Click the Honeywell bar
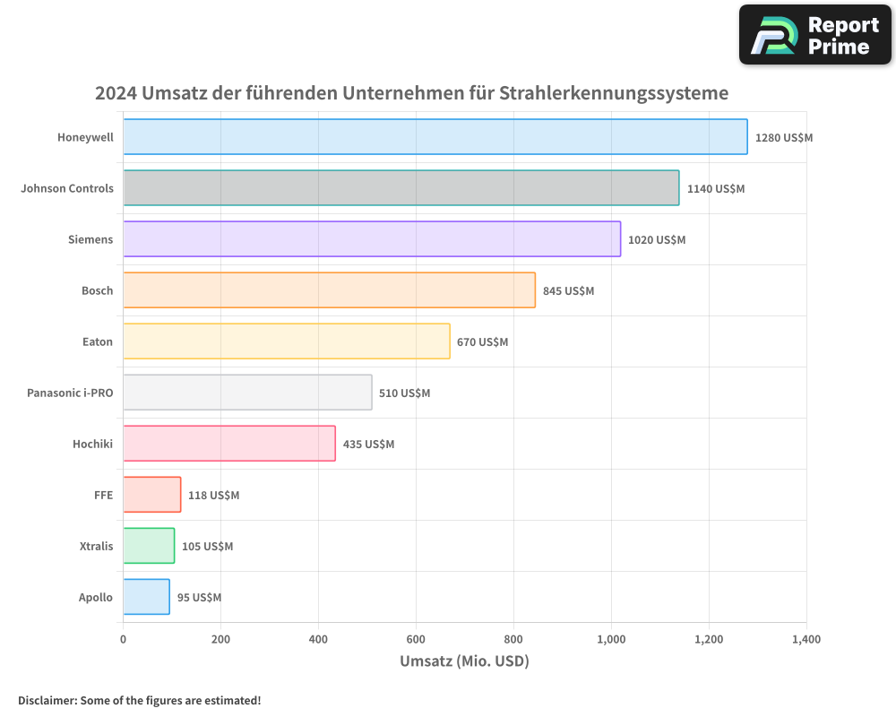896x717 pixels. (435, 137)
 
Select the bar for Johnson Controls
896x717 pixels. (401, 188)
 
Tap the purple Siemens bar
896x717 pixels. (372, 239)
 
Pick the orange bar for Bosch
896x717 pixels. (329, 290)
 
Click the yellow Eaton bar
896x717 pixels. (287, 341)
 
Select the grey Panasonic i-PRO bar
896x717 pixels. (247, 393)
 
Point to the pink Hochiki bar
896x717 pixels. (229, 444)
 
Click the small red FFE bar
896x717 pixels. (151, 495)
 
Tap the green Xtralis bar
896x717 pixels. (149, 546)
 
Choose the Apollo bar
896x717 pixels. (146, 597)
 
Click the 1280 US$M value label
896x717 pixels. (783, 138)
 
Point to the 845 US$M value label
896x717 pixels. (568, 291)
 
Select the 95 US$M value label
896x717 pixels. (199, 598)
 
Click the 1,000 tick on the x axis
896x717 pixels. (611, 640)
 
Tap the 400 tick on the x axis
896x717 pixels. (318, 640)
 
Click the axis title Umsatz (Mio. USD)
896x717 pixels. (464, 661)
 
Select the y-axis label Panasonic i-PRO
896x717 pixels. (70, 393)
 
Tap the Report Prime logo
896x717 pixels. (814, 35)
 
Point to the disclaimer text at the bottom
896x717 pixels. (139, 700)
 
